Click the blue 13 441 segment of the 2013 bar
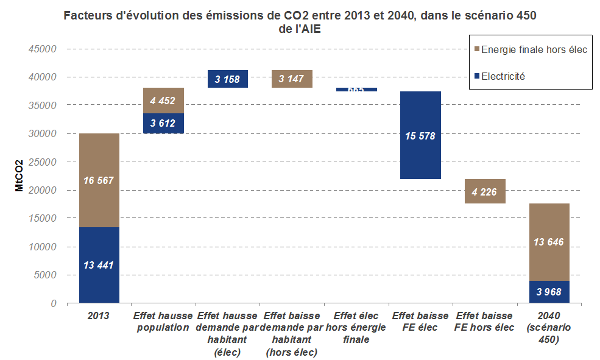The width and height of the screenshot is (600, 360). (x=99, y=264)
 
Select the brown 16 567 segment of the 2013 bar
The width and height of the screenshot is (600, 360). (x=99, y=180)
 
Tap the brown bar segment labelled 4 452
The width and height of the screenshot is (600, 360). (x=163, y=101)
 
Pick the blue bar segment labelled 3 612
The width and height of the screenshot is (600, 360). (x=163, y=123)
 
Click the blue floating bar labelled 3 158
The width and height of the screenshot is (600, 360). (x=227, y=79)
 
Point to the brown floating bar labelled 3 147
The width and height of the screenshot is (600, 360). (x=291, y=79)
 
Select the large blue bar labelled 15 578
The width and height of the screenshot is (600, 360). (x=420, y=135)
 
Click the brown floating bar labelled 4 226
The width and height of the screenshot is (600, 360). (x=484, y=191)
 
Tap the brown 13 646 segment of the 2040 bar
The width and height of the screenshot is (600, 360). (x=549, y=242)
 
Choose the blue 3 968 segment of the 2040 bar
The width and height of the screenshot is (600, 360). (x=549, y=292)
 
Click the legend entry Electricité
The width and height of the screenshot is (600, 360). (x=503, y=77)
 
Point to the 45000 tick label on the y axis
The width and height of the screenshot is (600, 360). (x=44, y=49)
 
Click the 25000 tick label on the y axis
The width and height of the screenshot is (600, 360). (x=44, y=162)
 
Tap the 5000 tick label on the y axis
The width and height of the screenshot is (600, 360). (x=46, y=275)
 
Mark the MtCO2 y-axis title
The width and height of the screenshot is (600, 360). (x=19, y=176)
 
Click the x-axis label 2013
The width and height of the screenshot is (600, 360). (x=99, y=316)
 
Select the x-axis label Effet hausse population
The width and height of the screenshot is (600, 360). (x=163, y=321)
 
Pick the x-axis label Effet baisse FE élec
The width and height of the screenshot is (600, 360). (x=420, y=321)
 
